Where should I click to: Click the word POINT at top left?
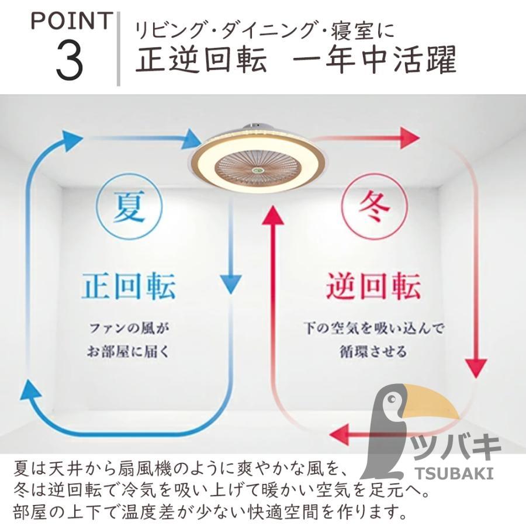pyautogui.click(x=70, y=22)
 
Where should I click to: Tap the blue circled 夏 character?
pyautogui.click(x=129, y=209)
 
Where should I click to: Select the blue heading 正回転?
pyautogui.click(x=129, y=286)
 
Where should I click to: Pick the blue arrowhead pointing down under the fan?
pyautogui.click(x=234, y=284)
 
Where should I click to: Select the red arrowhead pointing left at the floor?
pyautogui.click(x=341, y=434)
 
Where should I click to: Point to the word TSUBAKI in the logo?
pyautogui.click(x=459, y=472)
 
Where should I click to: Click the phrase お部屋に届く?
pyautogui.click(x=129, y=352)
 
